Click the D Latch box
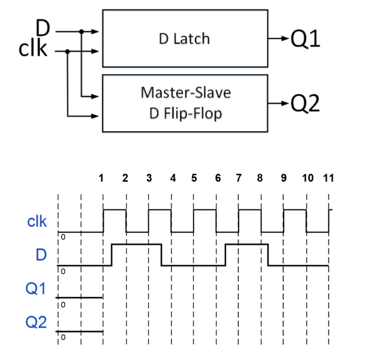coord(185,39)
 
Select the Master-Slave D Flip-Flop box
coord(185,103)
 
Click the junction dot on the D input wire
coord(81,32)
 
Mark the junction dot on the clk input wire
coord(67,52)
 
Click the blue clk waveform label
coord(37,222)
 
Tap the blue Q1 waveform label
coord(36,289)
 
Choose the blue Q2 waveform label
coord(36,322)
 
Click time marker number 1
coord(101,178)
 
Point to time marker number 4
coord(173,178)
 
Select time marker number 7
coord(238,178)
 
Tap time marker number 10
coord(308,178)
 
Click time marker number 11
coord(329,178)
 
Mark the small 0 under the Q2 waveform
coord(63,338)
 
